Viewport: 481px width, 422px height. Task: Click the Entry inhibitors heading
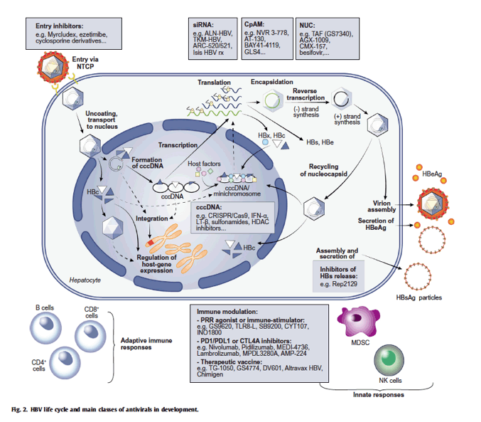[59, 26]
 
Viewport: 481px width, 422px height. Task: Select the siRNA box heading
[203, 25]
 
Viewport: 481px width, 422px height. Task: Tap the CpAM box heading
[254, 24]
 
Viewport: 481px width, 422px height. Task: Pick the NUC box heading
[307, 26]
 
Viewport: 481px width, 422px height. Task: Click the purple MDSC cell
[358, 322]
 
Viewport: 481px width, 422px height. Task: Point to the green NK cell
[389, 359]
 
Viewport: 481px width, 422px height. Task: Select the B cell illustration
[45, 327]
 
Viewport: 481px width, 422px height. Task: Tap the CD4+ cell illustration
[65, 363]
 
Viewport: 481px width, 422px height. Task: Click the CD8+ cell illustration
[90, 336]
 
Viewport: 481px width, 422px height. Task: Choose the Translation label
[214, 83]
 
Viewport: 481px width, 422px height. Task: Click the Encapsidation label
[272, 82]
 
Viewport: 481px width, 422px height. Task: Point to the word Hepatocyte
[85, 280]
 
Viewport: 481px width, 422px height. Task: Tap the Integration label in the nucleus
[152, 218]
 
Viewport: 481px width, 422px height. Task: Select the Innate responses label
[378, 395]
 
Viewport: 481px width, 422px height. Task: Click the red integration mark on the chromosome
[150, 243]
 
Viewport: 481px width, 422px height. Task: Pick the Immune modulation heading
[227, 312]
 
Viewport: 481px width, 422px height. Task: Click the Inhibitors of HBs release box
[338, 276]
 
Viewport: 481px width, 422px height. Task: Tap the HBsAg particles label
[418, 297]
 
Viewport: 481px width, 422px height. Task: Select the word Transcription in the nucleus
[178, 145]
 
